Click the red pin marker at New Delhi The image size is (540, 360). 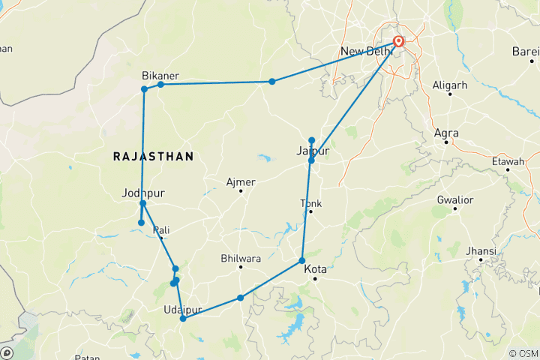(398, 41)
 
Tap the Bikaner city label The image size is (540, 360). (160, 76)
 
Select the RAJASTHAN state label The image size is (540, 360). (153, 156)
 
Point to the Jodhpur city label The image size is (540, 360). (142, 193)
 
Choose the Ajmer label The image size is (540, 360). (241, 182)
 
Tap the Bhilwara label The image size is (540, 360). (240, 259)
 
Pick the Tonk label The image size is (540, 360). (310, 203)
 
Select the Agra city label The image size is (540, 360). (446, 133)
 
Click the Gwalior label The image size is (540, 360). (455, 200)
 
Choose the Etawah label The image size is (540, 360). (508, 161)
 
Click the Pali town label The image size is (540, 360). (161, 230)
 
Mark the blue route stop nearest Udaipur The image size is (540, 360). (183, 319)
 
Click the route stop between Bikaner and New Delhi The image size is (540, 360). (272, 81)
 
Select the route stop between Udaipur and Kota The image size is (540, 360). (241, 298)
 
